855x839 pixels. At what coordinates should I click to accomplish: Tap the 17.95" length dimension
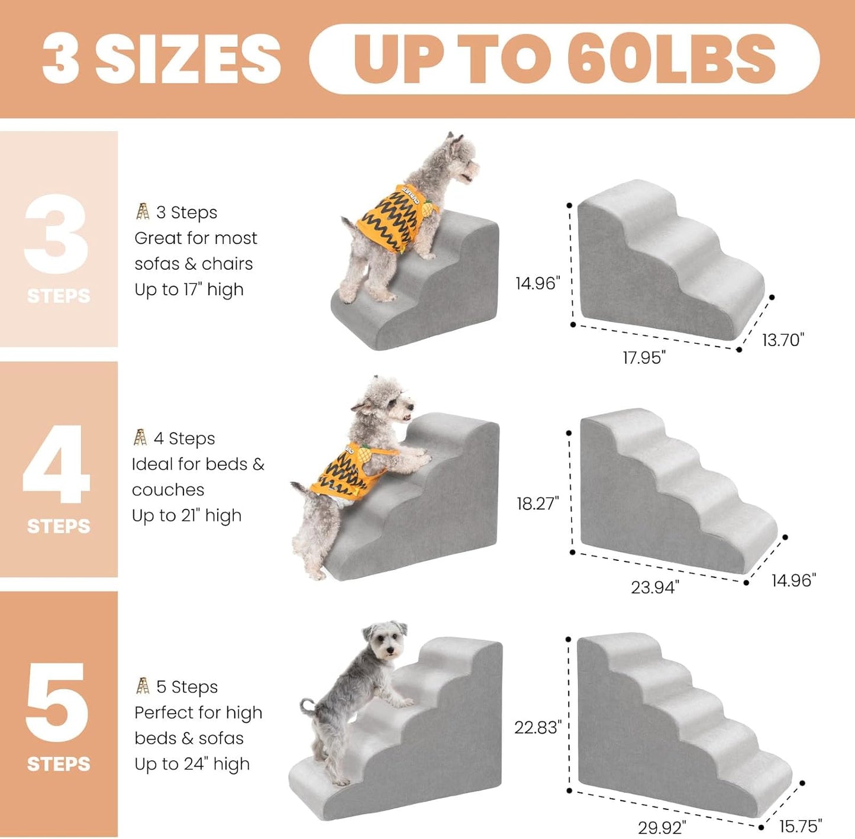click(x=644, y=357)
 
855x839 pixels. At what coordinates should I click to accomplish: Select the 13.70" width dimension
click(x=782, y=340)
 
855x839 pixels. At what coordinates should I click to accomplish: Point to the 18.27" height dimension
click(x=537, y=504)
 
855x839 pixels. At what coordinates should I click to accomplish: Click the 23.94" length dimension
click(x=654, y=587)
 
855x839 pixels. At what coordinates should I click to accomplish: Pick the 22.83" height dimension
click(x=537, y=727)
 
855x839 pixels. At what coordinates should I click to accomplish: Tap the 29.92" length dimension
click(x=662, y=827)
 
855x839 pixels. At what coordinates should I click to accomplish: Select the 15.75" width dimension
click(x=801, y=825)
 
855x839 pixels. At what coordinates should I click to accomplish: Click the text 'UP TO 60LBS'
click(x=564, y=59)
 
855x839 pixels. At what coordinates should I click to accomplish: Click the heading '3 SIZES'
click(x=162, y=59)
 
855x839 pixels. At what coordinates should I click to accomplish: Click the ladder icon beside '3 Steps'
click(x=143, y=212)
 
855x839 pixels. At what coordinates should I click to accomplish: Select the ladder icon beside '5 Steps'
click(x=143, y=686)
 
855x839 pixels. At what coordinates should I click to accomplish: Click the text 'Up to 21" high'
click(x=186, y=515)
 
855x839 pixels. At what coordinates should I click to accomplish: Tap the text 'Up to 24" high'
click(x=192, y=764)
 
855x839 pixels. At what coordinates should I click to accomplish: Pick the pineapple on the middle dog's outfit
click(x=363, y=455)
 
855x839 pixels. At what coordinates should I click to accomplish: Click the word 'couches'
click(x=168, y=490)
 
